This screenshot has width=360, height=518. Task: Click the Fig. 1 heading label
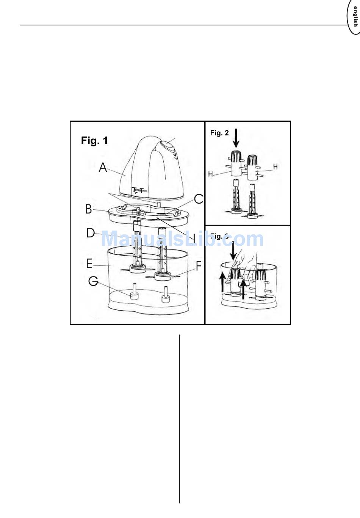point(94,141)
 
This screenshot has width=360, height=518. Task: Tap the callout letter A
point(103,167)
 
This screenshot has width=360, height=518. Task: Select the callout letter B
point(89,209)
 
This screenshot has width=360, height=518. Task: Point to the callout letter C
point(199,199)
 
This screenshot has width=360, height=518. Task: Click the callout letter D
point(91,233)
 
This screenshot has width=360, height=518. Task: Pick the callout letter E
point(89,263)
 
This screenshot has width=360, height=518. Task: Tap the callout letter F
point(199,266)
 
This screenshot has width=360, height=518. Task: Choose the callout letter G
point(93,281)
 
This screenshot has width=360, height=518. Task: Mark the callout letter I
point(194,238)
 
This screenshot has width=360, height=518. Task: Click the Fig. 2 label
point(219,133)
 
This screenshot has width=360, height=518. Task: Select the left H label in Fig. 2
point(211,174)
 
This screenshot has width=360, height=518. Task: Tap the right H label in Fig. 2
point(275,167)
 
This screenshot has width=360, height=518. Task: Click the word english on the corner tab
point(355,17)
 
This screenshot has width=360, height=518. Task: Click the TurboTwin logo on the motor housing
point(139,190)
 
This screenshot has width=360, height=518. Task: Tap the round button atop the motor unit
point(166,145)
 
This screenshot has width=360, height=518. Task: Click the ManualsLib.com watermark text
point(182,239)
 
